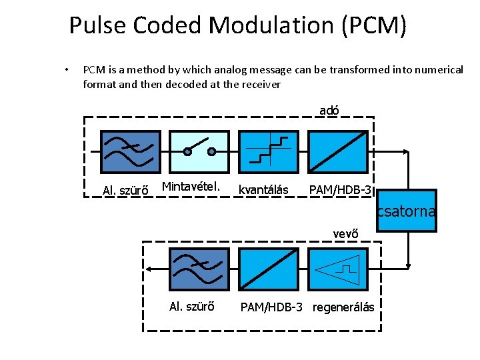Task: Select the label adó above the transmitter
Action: pos(329,111)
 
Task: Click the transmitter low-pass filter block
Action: pos(131,152)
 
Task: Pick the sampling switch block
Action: pos(199,152)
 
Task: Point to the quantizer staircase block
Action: pos(267,152)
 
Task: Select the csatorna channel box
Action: pos(406,211)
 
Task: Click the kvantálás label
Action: pos(263,191)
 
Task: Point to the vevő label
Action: pos(345,233)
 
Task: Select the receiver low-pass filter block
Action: pos(199,269)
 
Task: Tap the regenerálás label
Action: pos(343,307)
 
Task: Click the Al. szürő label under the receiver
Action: pos(192,307)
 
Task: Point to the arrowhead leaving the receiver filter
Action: pos(151,269)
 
